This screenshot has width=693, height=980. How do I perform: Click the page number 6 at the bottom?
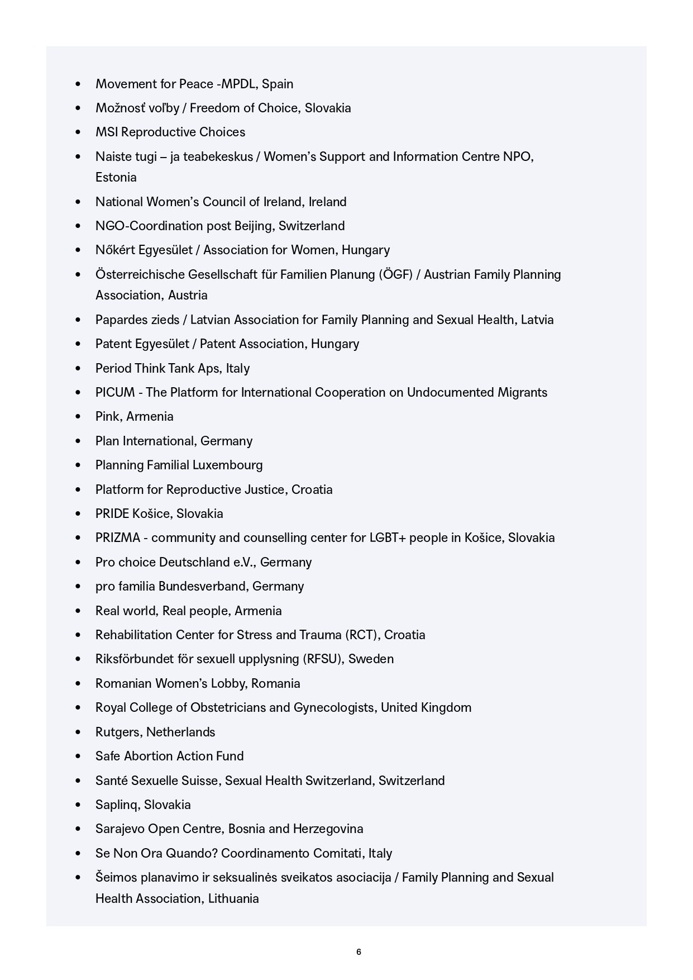tap(359, 952)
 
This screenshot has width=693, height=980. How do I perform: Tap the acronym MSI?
tap(107, 132)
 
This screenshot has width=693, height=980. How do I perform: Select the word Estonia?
tap(116, 177)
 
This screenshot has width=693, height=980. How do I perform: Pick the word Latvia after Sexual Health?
tap(537, 320)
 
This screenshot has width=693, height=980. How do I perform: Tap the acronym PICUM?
tap(115, 392)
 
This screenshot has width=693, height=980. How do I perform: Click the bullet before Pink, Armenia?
tap(78, 417)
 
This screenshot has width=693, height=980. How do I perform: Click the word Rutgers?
tap(119, 732)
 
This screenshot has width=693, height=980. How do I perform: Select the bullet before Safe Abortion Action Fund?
tap(78, 757)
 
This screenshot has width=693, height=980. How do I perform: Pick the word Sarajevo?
tap(120, 829)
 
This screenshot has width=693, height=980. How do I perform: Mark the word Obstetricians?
tap(228, 707)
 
